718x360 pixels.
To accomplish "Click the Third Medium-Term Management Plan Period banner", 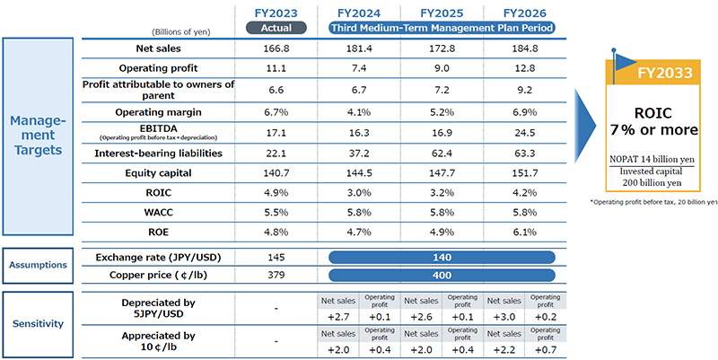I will pyautogui.click(x=442, y=28).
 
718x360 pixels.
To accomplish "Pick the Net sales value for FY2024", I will pyautogui.click(x=356, y=48).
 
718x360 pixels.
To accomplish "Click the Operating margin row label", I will pyautogui.click(x=157, y=111).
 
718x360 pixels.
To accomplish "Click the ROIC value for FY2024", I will pyautogui.click(x=356, y=194).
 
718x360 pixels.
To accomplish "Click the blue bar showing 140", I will pyautogui.click(x=442, y=256).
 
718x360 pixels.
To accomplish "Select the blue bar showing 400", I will pyautogui.click(x=442, y=274).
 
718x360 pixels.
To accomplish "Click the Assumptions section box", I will pyautogui.click(x=37, y=265).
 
